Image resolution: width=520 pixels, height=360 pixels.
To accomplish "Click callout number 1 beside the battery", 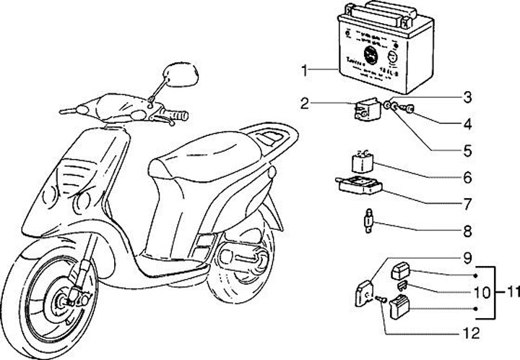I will (305, 69).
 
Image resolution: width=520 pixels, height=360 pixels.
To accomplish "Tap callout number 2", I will (305, 103).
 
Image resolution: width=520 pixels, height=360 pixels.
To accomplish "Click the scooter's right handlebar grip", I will (177, 115).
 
